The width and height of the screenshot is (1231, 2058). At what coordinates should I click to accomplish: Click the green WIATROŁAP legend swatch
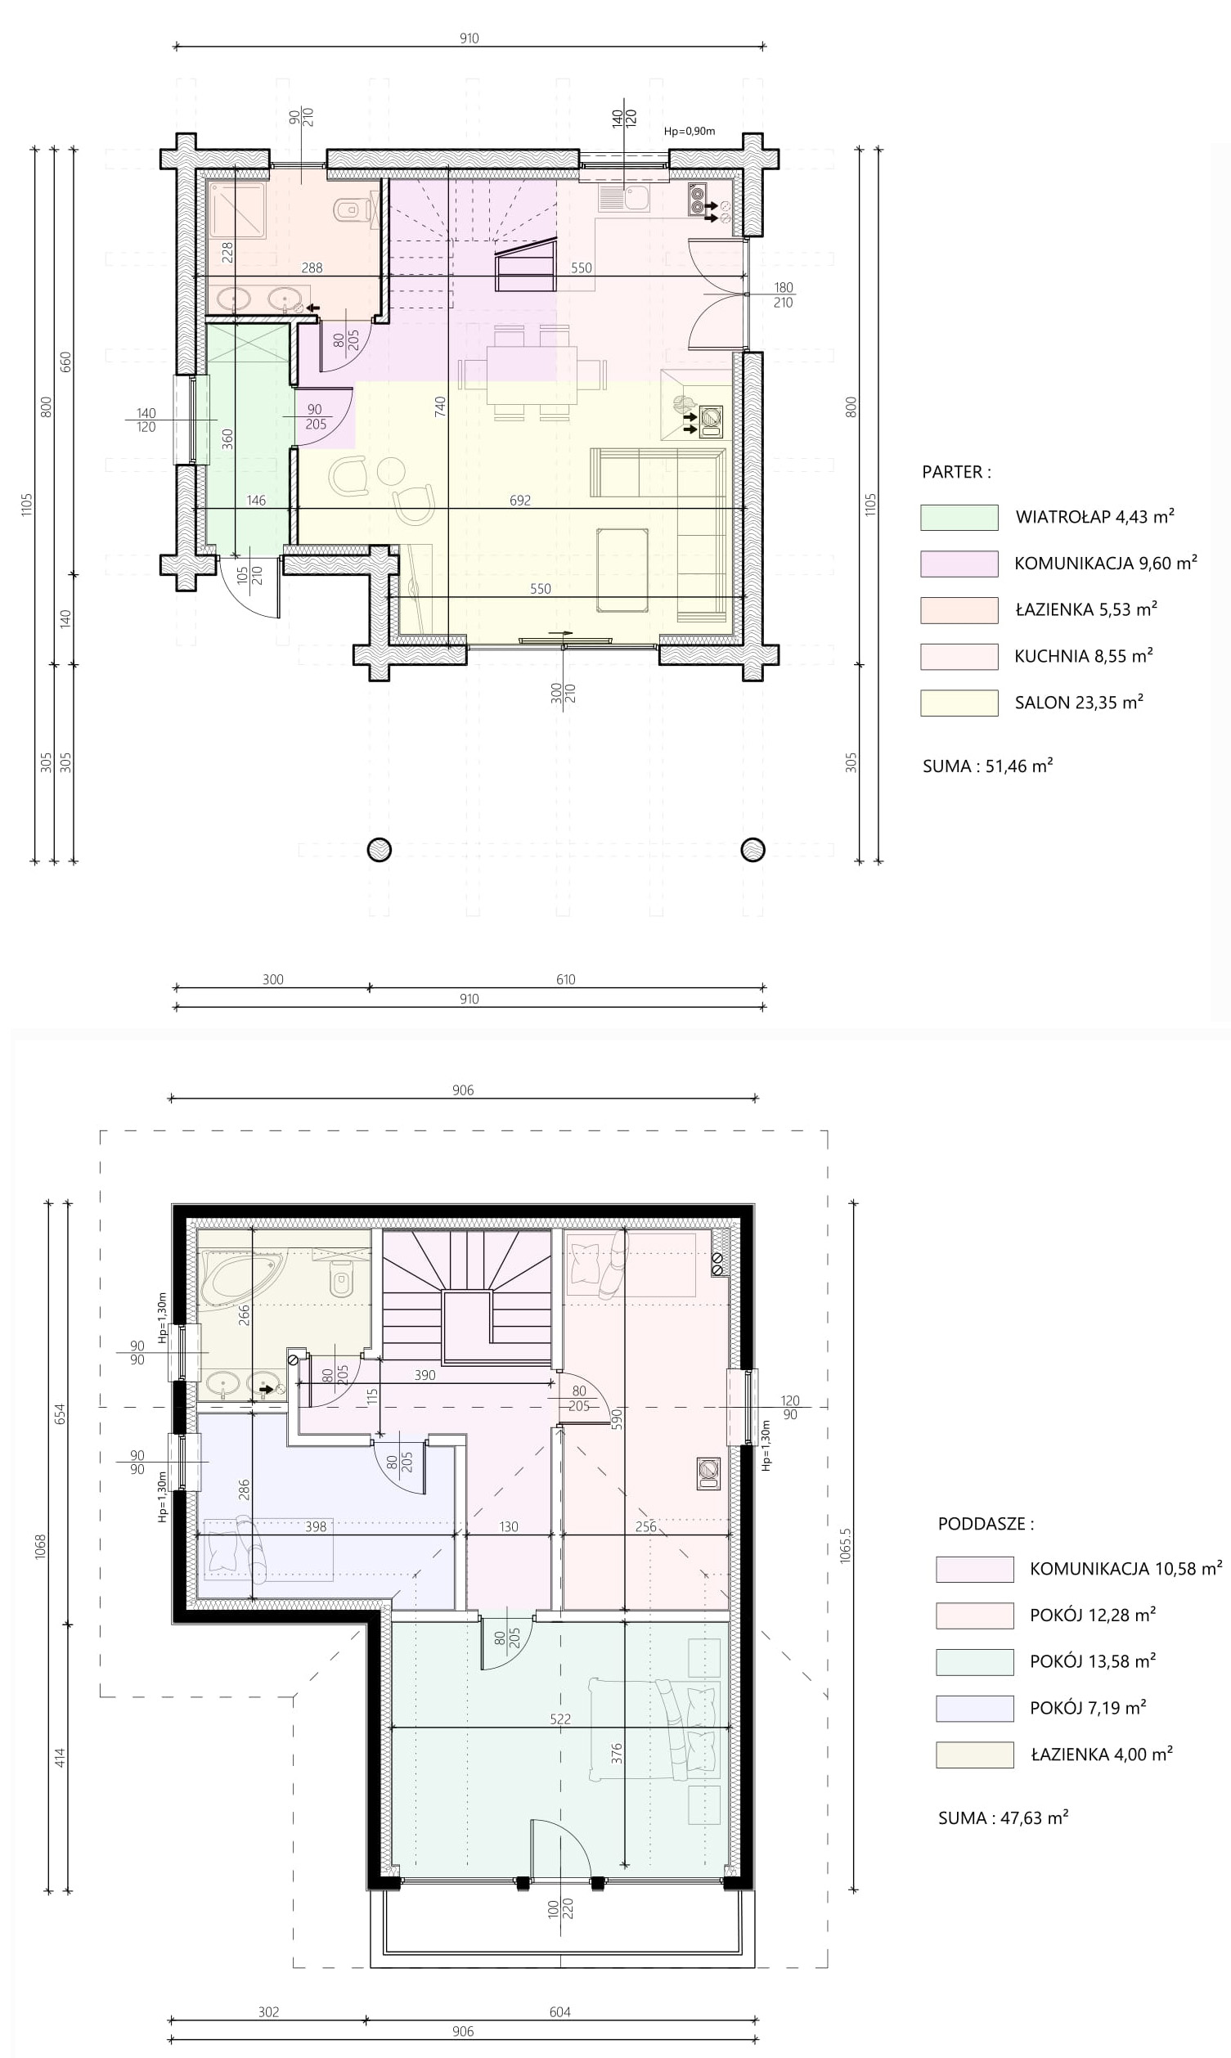[959, 517]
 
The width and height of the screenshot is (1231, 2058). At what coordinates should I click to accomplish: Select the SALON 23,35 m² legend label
[1079, 703]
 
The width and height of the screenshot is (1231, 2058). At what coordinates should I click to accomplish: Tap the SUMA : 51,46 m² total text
[988, 766]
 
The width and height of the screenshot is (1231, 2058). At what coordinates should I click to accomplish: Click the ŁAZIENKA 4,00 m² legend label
[1102, 1755]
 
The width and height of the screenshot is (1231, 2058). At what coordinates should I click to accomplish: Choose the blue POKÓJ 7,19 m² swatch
[975, 1708]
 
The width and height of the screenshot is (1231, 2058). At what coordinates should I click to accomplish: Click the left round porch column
[379, 849]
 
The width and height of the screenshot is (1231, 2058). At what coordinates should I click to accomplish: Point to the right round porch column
[753, 849]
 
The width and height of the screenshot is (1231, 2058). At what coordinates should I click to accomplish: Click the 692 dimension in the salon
[520, 501]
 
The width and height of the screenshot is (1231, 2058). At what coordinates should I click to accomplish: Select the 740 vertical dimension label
[441, 407]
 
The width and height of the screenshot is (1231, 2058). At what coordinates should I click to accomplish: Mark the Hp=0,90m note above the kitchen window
[690, 131]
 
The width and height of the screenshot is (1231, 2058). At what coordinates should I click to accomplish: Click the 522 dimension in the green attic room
[560, 1719]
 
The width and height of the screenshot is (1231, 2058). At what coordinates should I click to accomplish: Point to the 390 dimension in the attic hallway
[425, 1375]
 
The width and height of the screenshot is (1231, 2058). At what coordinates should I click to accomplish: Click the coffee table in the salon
[622, 570]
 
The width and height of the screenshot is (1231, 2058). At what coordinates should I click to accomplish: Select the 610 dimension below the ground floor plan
[566, 980]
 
